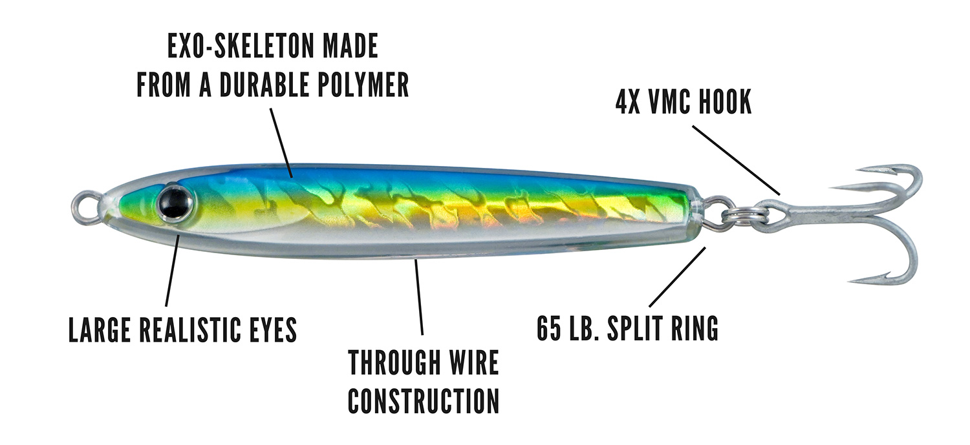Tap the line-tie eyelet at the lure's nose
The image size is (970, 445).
click(x=84, y=207)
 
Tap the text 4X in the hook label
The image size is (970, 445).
click(x=628, y=101)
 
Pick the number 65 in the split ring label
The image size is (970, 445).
click(x=549, y=328)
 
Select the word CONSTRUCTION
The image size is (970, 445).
click(x=424, y=401)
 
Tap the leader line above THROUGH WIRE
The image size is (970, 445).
click(x=419, y=296)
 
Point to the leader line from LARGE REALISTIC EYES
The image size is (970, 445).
click(x=172, y=272)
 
